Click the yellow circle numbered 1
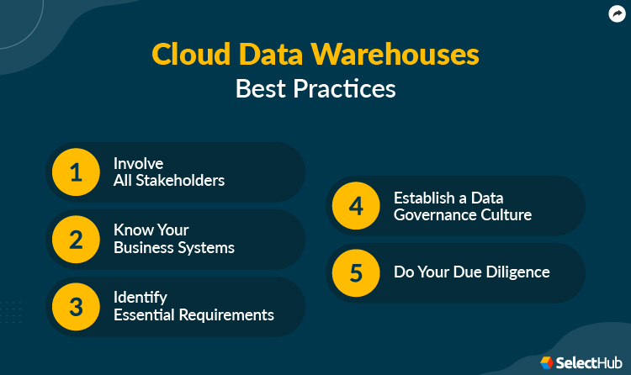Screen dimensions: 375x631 pos(76,172)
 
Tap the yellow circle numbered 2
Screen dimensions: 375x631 pos(76,240)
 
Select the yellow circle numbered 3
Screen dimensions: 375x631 pos(76,307)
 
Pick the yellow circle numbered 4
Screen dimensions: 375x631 pos(356,206)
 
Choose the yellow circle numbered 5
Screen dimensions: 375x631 pos(356,272)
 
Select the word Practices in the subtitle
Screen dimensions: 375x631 pos(347,88)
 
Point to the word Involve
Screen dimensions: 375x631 pos(138,164)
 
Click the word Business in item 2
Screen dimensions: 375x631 pos(144,248)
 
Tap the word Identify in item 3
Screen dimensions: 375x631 pos(141,298)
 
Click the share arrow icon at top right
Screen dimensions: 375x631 pos(617,13)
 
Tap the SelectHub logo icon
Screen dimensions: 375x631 pos(547,362)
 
